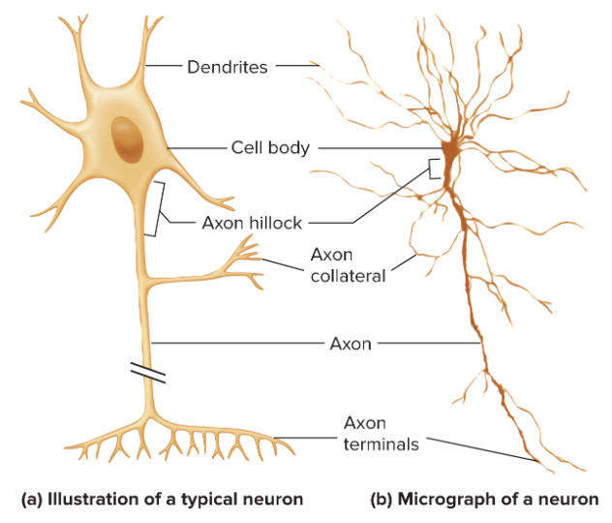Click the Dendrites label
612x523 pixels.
click(228, 67)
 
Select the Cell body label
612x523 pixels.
click(270, 148)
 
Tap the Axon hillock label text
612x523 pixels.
click(252, 223)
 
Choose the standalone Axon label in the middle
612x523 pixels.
click(351, 343)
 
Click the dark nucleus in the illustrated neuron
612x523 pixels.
click(127, 139)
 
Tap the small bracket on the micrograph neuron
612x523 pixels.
click(436, 170)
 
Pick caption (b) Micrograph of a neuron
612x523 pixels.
click(485, 500)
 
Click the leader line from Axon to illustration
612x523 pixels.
click(237, 343)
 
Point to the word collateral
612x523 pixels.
click(348, 275)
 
